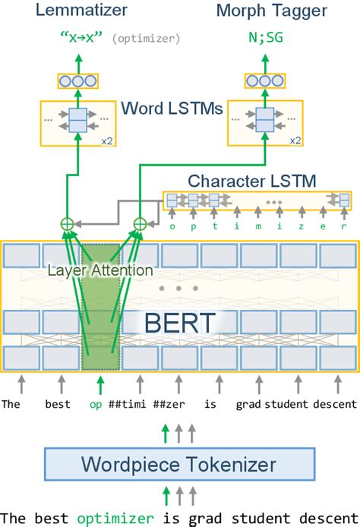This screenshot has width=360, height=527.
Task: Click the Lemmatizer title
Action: (x=75, y=11)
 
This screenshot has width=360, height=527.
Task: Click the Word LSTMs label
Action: (x=171, y=109)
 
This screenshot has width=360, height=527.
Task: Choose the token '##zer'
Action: (x=174, y=404)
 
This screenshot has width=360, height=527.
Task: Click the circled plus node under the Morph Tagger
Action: (x=140, y=224)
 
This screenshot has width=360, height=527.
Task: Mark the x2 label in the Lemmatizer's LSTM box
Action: (x=111, y=140)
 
